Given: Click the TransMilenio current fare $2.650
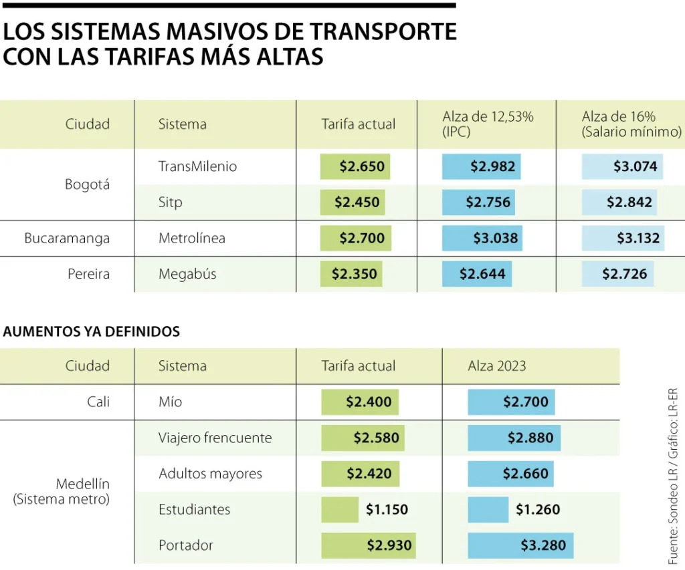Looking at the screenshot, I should (x=362, y=166).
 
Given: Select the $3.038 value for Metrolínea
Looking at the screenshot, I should (x=495, y=238).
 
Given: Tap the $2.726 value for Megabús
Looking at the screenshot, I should (x=624, y=274).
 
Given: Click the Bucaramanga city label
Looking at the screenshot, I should (x=67, y=238).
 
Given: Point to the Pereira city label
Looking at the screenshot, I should (x=88, y=274).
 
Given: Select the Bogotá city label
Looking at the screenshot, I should (x=87, y=184).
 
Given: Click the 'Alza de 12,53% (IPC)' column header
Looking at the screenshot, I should (x=488, y=124).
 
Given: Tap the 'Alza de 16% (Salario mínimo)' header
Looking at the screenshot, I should (x=631, y=124).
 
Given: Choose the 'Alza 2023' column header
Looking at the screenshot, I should (x=497, y=366).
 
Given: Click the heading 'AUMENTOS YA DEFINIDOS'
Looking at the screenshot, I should (x=92, y=331).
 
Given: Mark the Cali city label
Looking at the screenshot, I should (x=98, y=402).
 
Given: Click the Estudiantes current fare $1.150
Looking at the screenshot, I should (x=387, y=509).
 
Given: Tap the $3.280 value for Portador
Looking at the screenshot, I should (x=543, y=545).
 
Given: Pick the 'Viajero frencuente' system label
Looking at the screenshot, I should (x=215, y=438).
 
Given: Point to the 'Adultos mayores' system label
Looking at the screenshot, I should (x=210, y=474).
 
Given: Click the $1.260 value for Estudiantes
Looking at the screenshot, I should (x=537, y=509).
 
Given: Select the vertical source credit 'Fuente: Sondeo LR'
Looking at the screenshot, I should (x=672, y=509).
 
